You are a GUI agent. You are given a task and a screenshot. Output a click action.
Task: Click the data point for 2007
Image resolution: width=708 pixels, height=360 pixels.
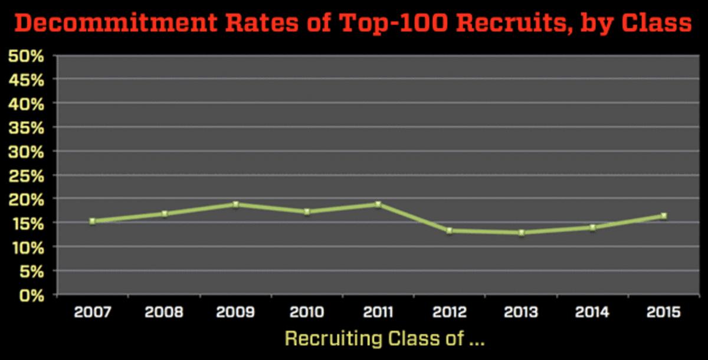click(x=93, y=221)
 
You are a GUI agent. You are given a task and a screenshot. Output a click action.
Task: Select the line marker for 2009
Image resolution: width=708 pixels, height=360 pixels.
click(x=235, y=205)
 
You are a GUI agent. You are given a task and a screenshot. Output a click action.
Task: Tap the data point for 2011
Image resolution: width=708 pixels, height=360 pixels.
click(x=378, y=205)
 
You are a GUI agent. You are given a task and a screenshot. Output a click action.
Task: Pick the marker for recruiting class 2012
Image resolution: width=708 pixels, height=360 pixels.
click(x=450, y=231)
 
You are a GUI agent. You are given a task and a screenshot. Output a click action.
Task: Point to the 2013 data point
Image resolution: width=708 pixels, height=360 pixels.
click(x=521, y=233)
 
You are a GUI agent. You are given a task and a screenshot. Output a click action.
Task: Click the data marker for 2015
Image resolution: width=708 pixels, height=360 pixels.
click(x=664, y=216)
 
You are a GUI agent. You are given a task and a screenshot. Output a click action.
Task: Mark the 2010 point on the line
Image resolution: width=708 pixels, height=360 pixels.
click(x=307, y=212)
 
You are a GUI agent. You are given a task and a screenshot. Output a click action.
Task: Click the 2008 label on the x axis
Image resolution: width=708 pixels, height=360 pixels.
click(x=164, y=312)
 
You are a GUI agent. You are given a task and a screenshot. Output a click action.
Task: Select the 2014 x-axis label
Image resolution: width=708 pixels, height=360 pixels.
click(x=592, y=312)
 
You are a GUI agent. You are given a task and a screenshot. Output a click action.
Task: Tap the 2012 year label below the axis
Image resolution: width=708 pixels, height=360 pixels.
click(x=450, y=312)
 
